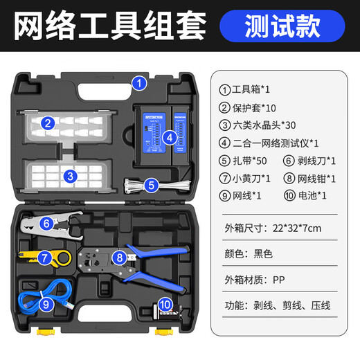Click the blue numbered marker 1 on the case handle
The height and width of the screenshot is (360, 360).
tap(140, 84)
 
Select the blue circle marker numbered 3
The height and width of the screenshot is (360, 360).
tap(71, 176)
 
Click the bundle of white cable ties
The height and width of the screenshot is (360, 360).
tap(138, 186)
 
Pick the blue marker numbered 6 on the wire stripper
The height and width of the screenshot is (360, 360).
tap(46, 223)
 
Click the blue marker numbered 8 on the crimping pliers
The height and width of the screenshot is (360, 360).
tap(120, 258)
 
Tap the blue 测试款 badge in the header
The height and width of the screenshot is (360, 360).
tap(282, 26)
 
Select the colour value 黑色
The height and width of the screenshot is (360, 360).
tap(263, 253)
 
